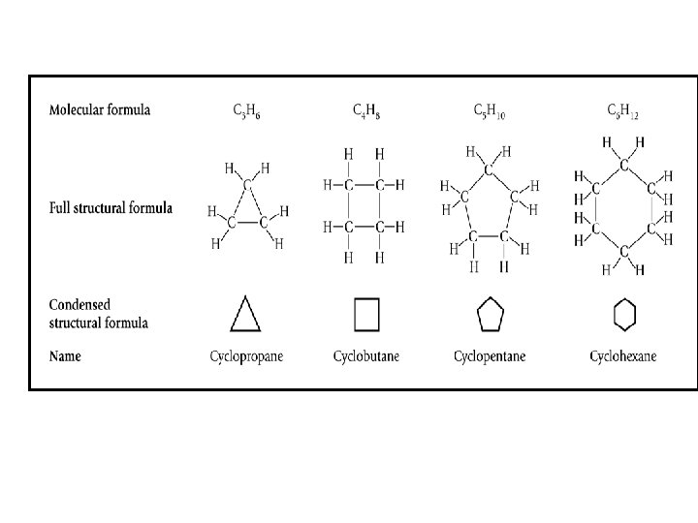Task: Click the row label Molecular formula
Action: click(x=100, y=109)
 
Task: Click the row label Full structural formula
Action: click(x=111, y=208)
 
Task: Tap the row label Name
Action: click(x=66, y=356)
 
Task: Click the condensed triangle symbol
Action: click(x=246, y=313)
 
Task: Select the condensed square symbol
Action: click(x=365, y=313)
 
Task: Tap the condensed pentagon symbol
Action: click(x=490, y=313)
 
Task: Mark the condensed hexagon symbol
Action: click(x=625, y=313)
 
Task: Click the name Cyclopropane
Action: click(x=246, y=356)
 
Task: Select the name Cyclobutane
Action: click(x=365, y=356)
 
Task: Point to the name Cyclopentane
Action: click(x=490, y=356)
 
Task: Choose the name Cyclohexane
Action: click(x=622, y=356)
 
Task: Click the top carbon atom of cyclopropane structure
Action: click(x=247, y=184)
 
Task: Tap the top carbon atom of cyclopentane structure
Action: click(x=490, y=170)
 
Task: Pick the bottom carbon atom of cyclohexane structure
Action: click(x=623, y=251)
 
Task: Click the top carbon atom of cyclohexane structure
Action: click(x=623, y=165)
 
